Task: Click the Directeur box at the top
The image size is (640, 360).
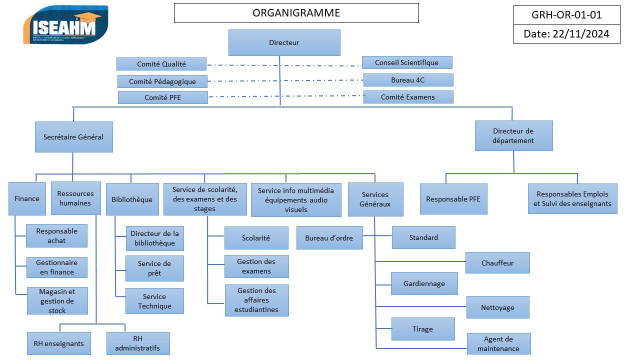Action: [284, 42]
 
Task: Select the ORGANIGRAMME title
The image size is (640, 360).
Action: [296, 13]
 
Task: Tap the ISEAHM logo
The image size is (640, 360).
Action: [65, 24]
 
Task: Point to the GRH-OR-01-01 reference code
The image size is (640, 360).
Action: [566, 15]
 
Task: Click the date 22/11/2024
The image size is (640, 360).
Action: [566, 34]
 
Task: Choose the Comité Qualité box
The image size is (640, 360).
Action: [161, 64]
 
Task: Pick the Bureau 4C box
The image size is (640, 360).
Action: [408, 80]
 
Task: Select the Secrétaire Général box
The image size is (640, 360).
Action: [73, 137]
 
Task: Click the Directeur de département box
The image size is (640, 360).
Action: [513, 135]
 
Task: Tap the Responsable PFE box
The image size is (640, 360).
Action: [453, 199]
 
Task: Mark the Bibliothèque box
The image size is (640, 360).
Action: [132, 199]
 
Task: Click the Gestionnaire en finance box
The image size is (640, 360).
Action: [56, 267]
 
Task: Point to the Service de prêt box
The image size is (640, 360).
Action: [154, 268]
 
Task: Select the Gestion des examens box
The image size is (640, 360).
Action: [256, 266]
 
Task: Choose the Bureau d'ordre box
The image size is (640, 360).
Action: [329, 238]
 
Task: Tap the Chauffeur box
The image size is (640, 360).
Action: [497, 263]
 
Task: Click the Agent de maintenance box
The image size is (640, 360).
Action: [498, 344]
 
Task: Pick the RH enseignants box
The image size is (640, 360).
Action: [59, 343]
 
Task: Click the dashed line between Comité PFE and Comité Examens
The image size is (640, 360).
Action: [285, 96]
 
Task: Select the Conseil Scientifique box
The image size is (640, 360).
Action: [406, 62]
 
